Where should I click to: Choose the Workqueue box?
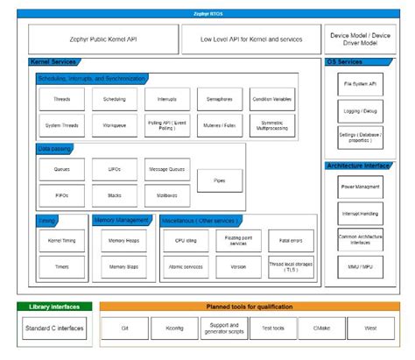[x=115, y=125]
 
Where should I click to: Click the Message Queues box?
[x=168, y=168]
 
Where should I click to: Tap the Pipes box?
[x=220, y=181]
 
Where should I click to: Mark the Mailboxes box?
[x=168, y=194]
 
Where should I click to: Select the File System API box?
[x=360, y=83]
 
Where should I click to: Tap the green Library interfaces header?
[x=53, y=307]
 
